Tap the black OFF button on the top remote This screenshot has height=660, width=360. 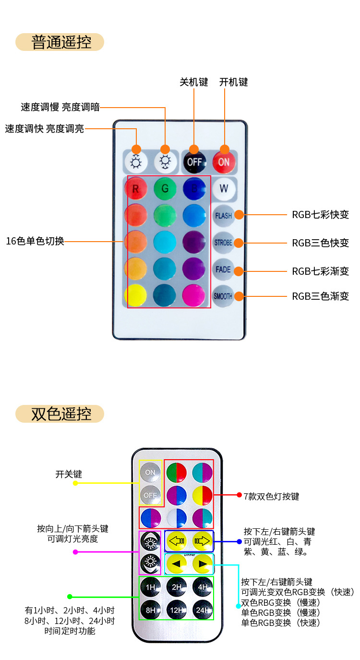pyautogui.click(x=194, y=162)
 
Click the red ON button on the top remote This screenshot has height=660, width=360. pyautogui.click(x=224, y=162)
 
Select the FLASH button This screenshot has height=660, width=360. pyautogui.click(x=224, y=216)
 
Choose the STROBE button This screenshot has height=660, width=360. pyautogui.click(x=224, y=243)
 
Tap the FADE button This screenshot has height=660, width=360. pyautogui.click(x=224, y=269)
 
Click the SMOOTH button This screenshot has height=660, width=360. pyautogui.click(x=224, y=296)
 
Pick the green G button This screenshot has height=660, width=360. pyautogui.click(x=165, y=189)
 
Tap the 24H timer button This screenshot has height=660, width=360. pyautogui.click(x=202, y=610)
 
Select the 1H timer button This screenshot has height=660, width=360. pyautogui.click(x=151, y=587)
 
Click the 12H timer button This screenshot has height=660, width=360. pyautogui.click(x=176, y=610)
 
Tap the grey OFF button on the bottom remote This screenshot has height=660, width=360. pyautogui.click(x=151, y=495)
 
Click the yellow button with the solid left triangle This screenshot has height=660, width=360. pyautogui.click(x=177, y=564)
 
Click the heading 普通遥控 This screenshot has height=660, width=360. pyautogui.click(x=60, y=42)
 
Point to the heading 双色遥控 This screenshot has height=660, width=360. pyautogui.click(x=60, y=414)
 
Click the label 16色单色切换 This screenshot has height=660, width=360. pyautogui.click(x=35, y=241)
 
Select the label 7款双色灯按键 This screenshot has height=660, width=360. pyautogui.click(x=271, y=496)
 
